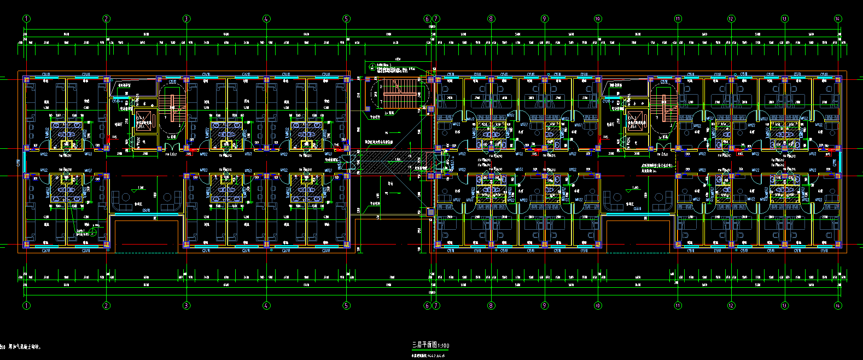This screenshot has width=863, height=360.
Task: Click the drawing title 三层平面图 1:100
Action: tap(430, 346)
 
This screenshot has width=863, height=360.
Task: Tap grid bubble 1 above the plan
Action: tap(26, 19)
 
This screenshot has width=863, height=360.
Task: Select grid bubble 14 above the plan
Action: tap(838, 19)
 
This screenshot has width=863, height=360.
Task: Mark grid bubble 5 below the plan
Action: tap(346, 305)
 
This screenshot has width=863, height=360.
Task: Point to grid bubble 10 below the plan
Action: tap(598, 305)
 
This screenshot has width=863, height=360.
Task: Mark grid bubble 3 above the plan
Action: tap(186, 19)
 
